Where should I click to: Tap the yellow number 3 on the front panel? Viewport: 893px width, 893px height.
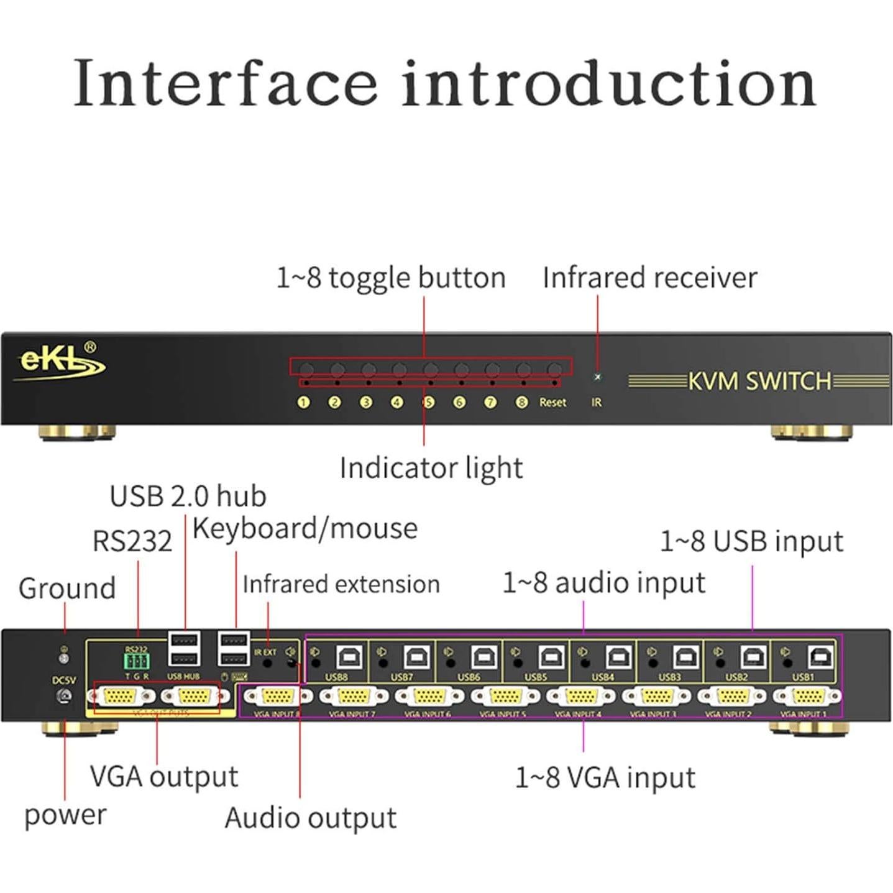coord(366,403)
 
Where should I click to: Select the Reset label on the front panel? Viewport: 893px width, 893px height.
coord(552,403)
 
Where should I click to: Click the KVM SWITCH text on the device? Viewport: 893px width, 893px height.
coord(759,381)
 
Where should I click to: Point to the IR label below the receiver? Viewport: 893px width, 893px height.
coord(597,403)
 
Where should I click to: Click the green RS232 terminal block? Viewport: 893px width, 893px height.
coord(137,661)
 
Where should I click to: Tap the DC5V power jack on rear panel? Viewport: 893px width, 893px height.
coord(63,697)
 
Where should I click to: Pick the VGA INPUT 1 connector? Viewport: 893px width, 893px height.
coord(806,697)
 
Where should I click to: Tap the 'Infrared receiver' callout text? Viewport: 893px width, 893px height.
coord(649,278)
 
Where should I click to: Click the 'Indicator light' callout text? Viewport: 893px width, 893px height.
coord(431,468)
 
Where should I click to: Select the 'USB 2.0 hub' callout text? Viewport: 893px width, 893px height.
coord(188,497)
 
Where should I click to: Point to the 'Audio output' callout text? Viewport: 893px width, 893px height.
coord(310,818)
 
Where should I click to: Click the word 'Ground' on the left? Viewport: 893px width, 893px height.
coord(67,588)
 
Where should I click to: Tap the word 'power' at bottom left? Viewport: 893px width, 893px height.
coord(65,815)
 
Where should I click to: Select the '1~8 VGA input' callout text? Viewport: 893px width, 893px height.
coord(605,777)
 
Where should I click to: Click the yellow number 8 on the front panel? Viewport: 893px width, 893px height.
coord(521,403)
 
